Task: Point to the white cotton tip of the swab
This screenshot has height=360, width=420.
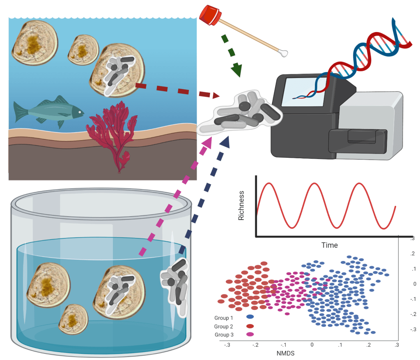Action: click(282, 53)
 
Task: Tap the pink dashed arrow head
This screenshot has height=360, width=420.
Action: click(207, 142)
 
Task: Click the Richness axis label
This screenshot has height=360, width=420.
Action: click(241, 205)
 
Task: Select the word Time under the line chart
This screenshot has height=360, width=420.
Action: click(329, 245)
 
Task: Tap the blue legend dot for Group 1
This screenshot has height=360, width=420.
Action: click(250, 317)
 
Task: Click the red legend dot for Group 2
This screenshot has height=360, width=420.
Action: click(250, 326)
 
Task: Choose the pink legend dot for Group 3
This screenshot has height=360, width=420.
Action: click(250, 335)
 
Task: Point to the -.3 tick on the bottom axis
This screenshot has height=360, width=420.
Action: click(227, 344)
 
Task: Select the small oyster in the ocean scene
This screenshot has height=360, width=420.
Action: click(83, 50)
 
